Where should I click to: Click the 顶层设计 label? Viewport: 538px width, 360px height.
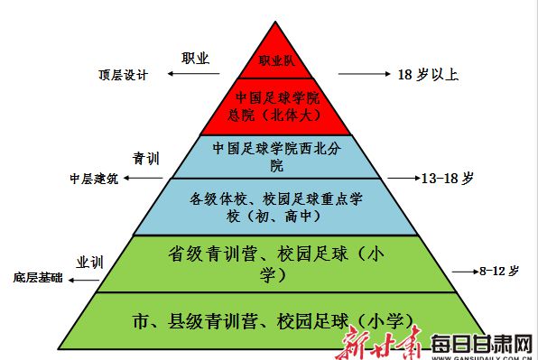[x=123, y=74]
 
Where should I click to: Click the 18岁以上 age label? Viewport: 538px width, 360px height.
[x=429, y=75]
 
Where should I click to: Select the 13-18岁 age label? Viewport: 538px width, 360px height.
[x=447, y=179]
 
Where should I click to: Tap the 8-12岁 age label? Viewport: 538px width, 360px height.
[x=499, y=271]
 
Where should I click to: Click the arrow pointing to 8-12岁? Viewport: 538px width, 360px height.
[x=462, y=271]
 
